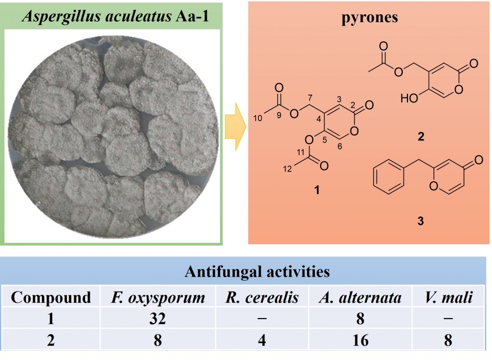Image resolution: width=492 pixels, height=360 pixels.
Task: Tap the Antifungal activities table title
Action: tap(257, 271)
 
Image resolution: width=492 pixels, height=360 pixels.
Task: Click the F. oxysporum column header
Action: tap(157, 297)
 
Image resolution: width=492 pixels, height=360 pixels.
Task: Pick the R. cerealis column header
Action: tap(262, 297)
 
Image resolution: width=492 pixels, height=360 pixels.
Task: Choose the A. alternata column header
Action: tap(361, 297)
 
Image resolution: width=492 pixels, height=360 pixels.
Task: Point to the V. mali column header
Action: tap(447, 297)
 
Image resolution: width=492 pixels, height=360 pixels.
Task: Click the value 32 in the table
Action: tap(157, 319)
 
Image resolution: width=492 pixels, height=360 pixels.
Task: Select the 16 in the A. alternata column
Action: tap(361, 340)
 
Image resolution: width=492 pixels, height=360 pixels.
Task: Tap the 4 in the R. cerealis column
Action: tap(262, 340)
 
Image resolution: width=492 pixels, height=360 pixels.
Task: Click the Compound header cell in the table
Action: tap(51, 297)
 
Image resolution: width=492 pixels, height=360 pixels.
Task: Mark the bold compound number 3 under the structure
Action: tap(420, 222)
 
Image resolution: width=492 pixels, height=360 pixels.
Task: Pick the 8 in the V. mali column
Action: tap(447, 340)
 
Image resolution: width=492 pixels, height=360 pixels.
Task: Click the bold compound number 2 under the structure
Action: tap(420, 137)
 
